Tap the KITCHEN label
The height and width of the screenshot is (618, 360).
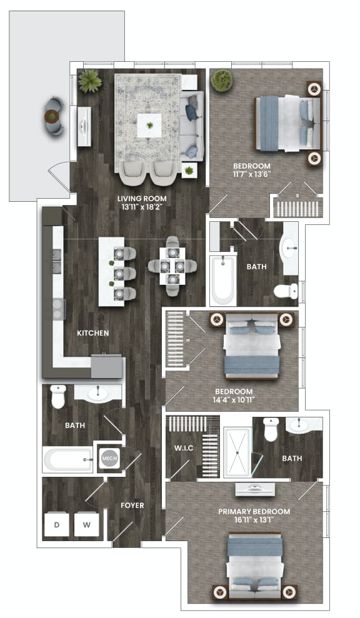click(93, 333)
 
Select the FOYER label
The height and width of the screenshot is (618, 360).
click(132, 505)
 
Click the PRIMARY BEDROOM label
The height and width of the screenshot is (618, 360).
click(254, 511)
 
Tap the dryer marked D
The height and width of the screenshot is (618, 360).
click(56, 525)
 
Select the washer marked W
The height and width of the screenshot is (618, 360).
click(86, 525)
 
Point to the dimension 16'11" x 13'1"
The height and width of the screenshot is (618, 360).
click(254, 520)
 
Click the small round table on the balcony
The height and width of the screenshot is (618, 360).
click(52, 116)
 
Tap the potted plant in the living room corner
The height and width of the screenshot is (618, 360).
click(91, 81)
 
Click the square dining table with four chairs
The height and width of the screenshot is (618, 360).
click(172, 266)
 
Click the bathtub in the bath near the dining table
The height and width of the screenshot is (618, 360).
click(222, 279)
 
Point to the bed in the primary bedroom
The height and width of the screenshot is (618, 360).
click(252, 566)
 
